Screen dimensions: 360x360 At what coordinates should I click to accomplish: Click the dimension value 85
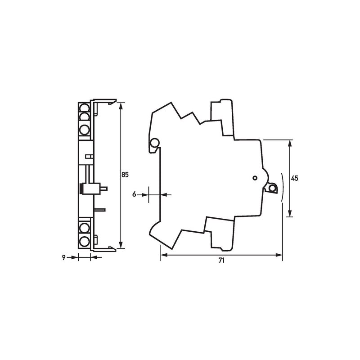(125, 175)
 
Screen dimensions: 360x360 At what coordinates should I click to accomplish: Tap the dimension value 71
(221, 261)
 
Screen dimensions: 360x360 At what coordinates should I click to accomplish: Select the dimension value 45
(294, 178)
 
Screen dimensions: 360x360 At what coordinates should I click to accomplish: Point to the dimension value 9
(63, 257)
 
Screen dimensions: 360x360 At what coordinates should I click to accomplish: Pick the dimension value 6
(134, 194)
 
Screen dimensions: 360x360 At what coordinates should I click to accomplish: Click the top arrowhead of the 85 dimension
(121, 106)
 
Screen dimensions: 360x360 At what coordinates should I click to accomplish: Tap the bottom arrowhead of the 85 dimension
(121, 245)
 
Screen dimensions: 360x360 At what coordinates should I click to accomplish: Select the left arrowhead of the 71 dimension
(164, 255)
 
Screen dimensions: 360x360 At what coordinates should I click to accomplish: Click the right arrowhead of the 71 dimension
(279, 255)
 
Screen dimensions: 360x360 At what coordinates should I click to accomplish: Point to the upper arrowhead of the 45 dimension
(290, 143)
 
